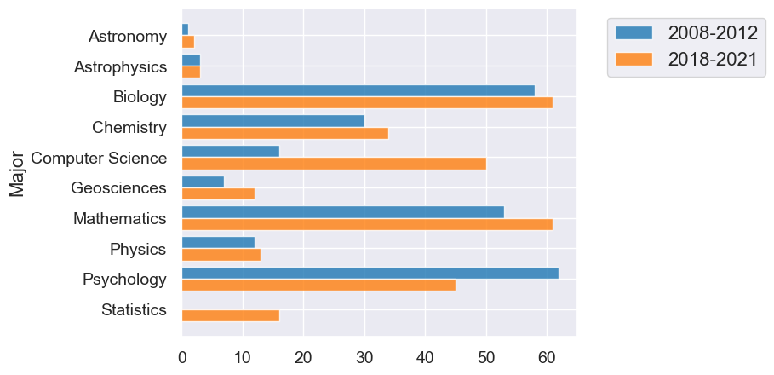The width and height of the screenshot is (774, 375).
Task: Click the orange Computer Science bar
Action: pyautogui.click(x=334, y=164)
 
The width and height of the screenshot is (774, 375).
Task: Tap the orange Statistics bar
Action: pyautogui.click(x=231, y=315)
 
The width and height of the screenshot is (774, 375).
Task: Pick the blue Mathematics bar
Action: pyautogui.click(x=343, y=212)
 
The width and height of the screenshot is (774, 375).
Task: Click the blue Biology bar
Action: pyautogui.click(x=358, y=90)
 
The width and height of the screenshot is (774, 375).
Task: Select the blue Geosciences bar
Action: pyautogui.click(x=203, y=182)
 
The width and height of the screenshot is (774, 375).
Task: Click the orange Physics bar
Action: pyautogui.click(x=221, y=255)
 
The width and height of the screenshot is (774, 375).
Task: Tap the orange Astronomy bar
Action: pyautogui.click(x=188, y=42)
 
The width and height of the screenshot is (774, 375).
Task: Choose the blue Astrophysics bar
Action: pyautogui.click(x=191, y=61)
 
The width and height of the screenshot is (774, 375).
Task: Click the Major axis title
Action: pyautogui.click(x=16, y=174)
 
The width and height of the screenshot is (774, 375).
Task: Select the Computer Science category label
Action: pyautogui.click(x=99, y=158)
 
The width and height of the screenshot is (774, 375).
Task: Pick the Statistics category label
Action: pyautogui.click(x=134, y=309)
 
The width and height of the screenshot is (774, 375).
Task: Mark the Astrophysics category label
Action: pyautogui.click(x=120, y=66)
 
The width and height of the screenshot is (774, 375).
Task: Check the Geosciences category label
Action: pyautogui.click(x=119, y=188)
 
